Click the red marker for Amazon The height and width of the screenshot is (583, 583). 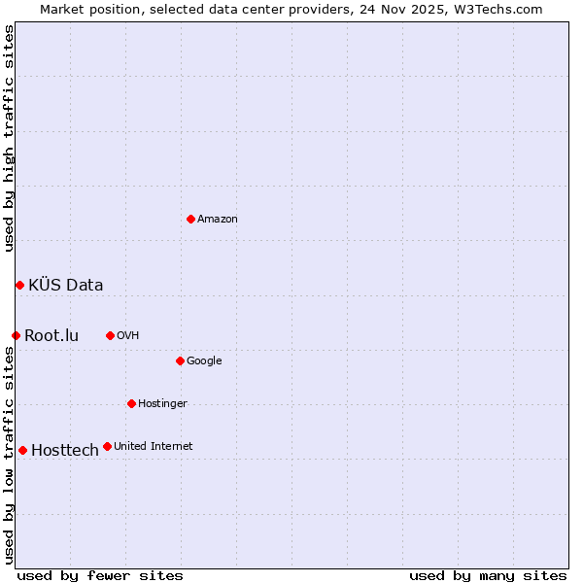click(x=190, y=219)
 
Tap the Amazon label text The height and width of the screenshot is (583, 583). click(x=218, y=220)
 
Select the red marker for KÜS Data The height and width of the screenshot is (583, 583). click(x=19, y=285)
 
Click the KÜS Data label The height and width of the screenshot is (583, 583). click(x=66, y=285)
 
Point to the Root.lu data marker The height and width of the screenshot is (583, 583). click(x=16, y=335)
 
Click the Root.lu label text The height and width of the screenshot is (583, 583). click(x=51, y=336)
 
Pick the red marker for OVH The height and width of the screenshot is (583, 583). click(x=110, y=335)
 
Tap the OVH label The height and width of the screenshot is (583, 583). click(x=127, y=336)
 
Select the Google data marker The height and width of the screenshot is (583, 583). click(x=180, y=360)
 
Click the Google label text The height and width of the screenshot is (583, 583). click(x=204, y=361)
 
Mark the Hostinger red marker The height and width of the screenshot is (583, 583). click(x=131, y=403)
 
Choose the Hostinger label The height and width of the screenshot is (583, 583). click(x=162, y=404)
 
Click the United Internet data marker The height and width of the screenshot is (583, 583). click(x=107, y=446)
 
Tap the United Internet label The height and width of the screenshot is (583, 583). click(x=153, y=447)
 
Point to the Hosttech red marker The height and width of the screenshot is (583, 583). click(x=22, y=450)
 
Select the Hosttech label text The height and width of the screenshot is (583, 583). click(x=65, y=451)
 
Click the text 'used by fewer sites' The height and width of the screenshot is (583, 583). click(x=100, y=575)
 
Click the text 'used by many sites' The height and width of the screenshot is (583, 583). click(x=488, y=575)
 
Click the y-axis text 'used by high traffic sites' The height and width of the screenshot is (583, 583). click(x=10, y=138)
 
